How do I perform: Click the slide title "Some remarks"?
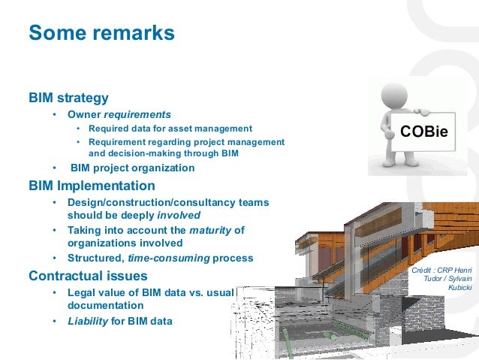(101, 34)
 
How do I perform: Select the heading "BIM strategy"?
(68, 98)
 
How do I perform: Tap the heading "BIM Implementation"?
(92, 186)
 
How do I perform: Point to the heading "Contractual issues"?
(88, 275)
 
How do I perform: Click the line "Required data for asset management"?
(170, 129)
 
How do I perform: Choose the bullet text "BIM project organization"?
(132, 168)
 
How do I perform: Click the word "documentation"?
(105, 306)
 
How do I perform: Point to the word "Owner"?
(84, 114)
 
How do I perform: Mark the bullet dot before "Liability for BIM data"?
(54, 322)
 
